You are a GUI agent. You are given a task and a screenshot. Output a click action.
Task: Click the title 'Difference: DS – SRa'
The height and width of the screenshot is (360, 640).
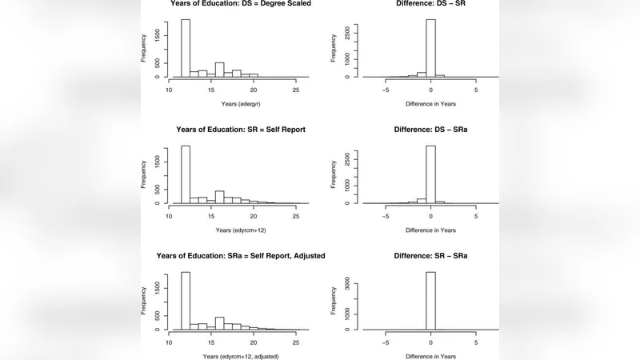(x=430, y=129)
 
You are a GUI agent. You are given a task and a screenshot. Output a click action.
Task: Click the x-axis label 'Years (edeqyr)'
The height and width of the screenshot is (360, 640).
(x=232, y=104)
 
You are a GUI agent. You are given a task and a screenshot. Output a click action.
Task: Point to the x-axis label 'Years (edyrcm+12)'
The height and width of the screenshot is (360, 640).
(x=232, y=230)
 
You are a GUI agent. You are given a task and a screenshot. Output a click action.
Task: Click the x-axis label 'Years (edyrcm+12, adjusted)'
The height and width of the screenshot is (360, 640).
(x=232, y=355)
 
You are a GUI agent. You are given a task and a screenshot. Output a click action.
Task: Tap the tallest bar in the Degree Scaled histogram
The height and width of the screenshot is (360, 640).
(x=185, y=48)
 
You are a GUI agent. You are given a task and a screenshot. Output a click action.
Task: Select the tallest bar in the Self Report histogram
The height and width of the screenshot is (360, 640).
(x=185, y=174)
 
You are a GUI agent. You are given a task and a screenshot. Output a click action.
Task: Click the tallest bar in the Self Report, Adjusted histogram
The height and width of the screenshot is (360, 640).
(x=185, y=301)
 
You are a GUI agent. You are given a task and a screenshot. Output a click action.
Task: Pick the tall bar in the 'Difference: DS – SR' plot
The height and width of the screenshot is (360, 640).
(x=430, y=48)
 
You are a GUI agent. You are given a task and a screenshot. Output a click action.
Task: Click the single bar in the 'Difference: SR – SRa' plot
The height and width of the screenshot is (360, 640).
(x=430, y=301)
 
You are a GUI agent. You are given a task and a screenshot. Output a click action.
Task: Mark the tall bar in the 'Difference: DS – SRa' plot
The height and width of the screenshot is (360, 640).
(x=430, y=174)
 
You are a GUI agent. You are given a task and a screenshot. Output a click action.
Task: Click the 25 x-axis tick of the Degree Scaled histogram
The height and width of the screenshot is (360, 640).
(x=296, y=90)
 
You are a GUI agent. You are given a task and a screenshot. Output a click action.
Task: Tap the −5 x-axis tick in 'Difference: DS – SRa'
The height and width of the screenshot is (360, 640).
(x=386, y=216)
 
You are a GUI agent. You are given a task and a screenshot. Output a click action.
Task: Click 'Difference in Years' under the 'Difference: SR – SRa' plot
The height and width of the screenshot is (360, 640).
(x=430, y=355)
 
